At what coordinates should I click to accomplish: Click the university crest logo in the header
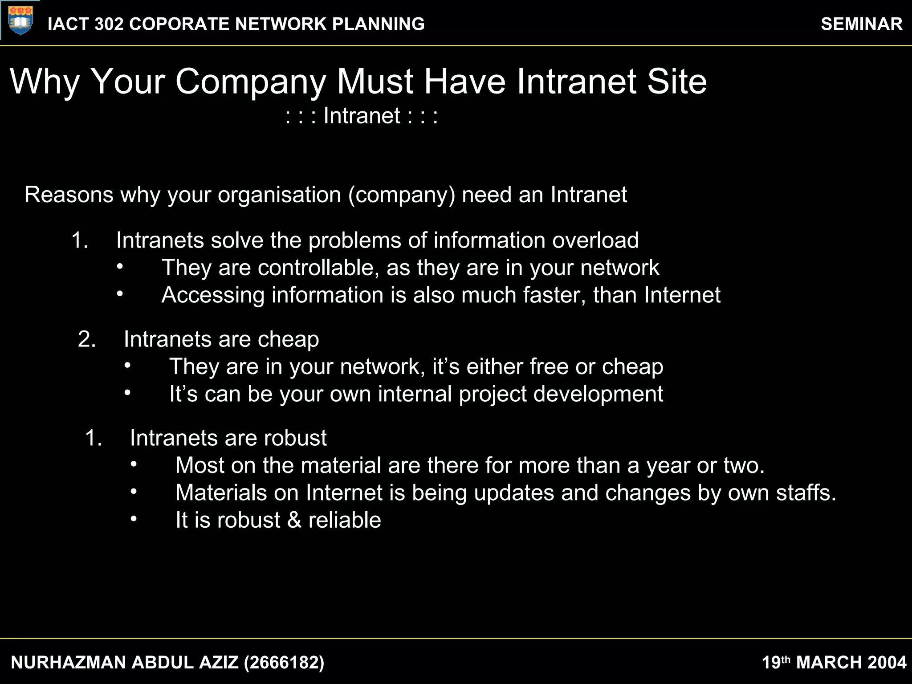click(20, 20)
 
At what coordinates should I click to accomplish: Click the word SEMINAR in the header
click(861, 24)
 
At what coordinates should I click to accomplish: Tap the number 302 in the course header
click(109, 24)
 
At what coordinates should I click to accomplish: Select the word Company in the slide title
click(251, 82)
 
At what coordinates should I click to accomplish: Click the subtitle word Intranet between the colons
click(362, 116)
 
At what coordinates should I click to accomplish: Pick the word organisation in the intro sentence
click(279, 195)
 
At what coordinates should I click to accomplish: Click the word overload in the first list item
click(595, 240)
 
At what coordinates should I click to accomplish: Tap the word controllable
click(318, 268)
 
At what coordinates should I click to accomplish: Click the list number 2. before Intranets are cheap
click(87, 339)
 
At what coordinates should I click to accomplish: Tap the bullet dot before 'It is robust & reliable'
click(134, 519)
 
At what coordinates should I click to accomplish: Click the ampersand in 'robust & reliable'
click(294, 520)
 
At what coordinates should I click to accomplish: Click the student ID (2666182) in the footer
click(284, 663)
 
